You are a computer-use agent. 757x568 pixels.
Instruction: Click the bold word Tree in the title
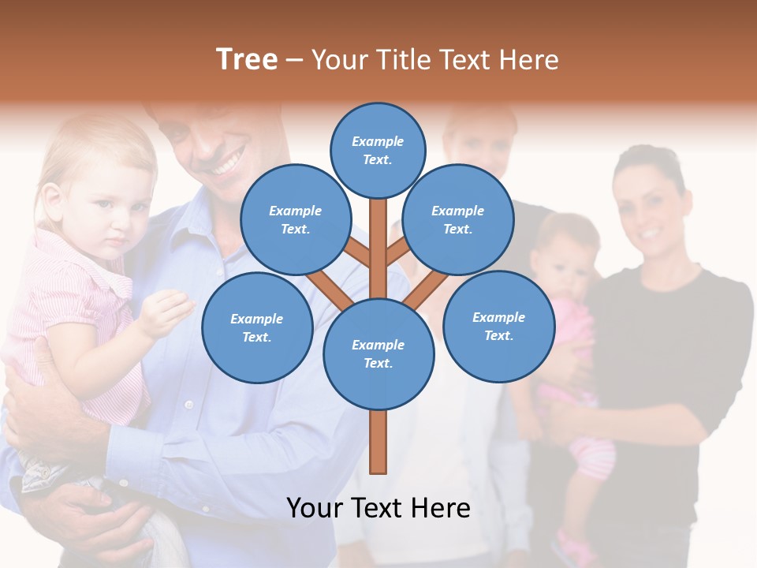pyautogui.click(x=247, y=60)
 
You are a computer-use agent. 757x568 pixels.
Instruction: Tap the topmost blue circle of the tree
pyautogui.click(x=378, y=149)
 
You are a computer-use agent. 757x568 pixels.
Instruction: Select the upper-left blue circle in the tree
pyautogui.click(x=295, y=219)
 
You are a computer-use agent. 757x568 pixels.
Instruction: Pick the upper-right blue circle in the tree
pyautogui.click(x=457, y=219)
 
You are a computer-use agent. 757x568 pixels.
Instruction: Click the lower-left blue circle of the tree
pyautogui.click(x=256, y=327)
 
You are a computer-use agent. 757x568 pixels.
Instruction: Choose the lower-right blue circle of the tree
pyautogui.click(x=498, y=326)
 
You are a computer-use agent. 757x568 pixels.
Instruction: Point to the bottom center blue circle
pyautogui.click(x=378, y=353)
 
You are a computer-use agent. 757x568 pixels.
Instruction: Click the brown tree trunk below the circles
pyautogui.click(x=378, y=442)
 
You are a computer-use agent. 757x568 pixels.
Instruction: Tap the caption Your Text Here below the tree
pyautogui.click(x=378, y=508)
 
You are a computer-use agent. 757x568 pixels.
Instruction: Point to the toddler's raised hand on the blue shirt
pyautogui.click(x=166, y=312)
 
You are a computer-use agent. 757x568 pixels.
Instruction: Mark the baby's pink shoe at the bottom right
pyautogui.click(x=573, y=547)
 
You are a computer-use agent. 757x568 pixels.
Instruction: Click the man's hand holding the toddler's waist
pyautogui.click(x=47, y=410)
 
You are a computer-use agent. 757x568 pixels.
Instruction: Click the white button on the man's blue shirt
pyautogui.click(x=188, y=405)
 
